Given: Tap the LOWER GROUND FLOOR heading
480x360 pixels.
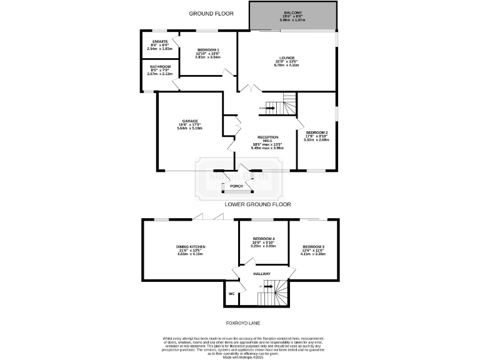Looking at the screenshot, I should pyautogui.click(x=258, y=204).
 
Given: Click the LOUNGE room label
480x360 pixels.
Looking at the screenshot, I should pyautogui.click(x=287, y=57).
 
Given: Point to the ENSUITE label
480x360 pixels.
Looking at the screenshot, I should pyautogui.click(x=151, y=41).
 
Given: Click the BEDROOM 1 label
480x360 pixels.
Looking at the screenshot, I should pyautogui.click(x=207, y=49).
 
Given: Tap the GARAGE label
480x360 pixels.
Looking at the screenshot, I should pyautogui.click(x=190, y=120).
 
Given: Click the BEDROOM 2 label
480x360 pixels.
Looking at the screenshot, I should pyautogui.click(x=317, y=132).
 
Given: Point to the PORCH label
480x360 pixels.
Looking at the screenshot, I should pyautogui.click(x=236, y=186).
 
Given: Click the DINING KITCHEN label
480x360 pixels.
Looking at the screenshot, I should pyautogui.click(x=191, y=247).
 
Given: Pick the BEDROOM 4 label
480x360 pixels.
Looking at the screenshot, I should pyautogui.click(x=264, y=239).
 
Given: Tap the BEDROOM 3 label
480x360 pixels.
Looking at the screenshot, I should pyautogui.click(x=311, y=247).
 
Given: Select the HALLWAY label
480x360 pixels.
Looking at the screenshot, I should pyautogui.click(x=262, y=274).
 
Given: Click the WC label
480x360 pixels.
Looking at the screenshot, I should pyautogui.click(x=231, y=293).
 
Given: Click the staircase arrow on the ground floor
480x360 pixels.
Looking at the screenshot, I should pyautogui.click(x=270, y=107).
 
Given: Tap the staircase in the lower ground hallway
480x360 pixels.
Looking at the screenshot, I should pyautogui.click(x=273, y=291).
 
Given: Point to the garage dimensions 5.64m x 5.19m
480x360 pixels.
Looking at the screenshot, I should pyautogui.click(x=190, y=128).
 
